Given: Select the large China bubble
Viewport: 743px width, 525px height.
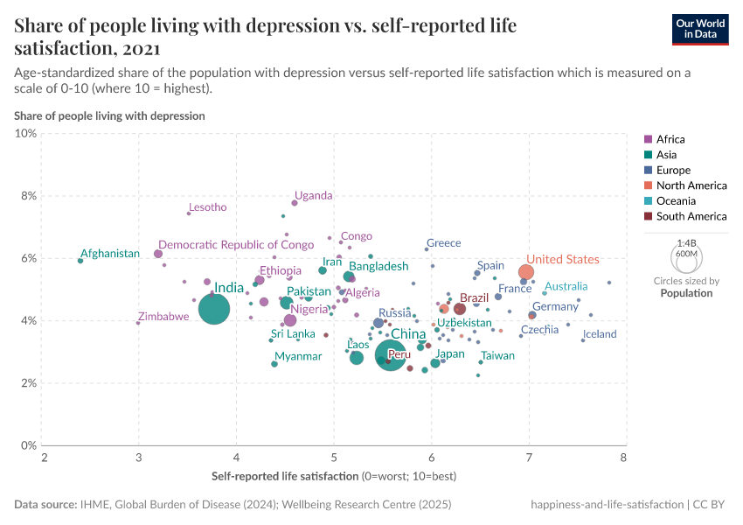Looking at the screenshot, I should [x=390, y=354].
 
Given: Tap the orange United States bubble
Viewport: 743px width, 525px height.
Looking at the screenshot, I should [x=526, y=272].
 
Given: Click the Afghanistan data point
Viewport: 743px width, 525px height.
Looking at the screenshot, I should [x=80, y=261].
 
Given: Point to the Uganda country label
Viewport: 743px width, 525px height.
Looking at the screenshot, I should [x=314, y=195].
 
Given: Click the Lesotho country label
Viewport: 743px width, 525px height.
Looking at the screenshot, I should [x=208, y=207].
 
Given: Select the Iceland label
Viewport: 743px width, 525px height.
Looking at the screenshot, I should [x=600, y=334].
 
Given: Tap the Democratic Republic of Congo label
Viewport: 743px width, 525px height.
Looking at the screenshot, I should [x=236, y=245].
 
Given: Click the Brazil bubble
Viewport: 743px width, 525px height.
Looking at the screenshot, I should [x=460, y=309].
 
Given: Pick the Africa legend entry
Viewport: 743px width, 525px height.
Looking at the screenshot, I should [x=670, y=139].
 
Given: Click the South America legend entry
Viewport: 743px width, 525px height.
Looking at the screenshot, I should [x=691, y=216].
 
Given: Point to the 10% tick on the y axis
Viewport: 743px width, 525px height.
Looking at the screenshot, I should [x=26, y=133].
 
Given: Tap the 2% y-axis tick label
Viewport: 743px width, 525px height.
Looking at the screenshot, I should [x=27, y=383].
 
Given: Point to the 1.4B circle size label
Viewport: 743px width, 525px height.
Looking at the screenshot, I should [x=686, y=243].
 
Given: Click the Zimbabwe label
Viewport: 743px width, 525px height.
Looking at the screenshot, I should [x=163, y=317].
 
